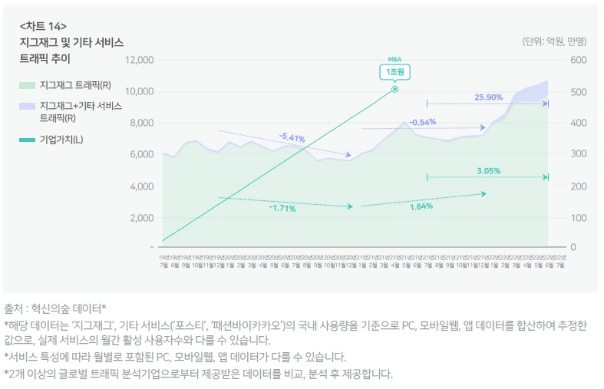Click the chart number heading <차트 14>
point(43,26)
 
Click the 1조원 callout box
point(394,71)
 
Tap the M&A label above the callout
point(394,59)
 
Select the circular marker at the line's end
point(394,89)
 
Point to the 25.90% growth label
point(488,97)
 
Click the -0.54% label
point(422,122)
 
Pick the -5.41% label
point(292,138)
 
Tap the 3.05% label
point(488,171)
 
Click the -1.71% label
point(282,208)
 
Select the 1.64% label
point(421,206)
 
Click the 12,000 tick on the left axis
point(139,60)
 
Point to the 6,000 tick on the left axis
point(141,154)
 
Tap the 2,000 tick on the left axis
point(141,217)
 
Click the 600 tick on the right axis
point(578,60)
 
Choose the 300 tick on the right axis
point(578,154)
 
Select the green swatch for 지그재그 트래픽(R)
point(28,85)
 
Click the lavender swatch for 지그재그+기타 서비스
point(28,106)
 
